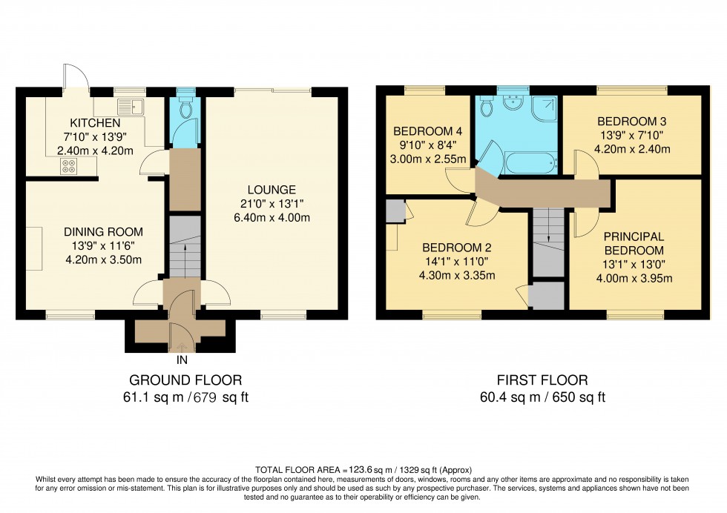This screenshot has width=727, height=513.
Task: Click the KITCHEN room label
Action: point(95,122)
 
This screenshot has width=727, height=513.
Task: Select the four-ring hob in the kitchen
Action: point(69,166)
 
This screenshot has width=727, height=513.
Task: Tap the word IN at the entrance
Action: point(181,361)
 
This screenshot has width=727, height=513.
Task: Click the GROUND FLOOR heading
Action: point(185,380)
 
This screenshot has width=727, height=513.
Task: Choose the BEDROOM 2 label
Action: point(457,248)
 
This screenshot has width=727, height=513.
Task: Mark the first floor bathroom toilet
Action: point(487,108)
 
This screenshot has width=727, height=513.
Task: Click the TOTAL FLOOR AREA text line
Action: point(363,470)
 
